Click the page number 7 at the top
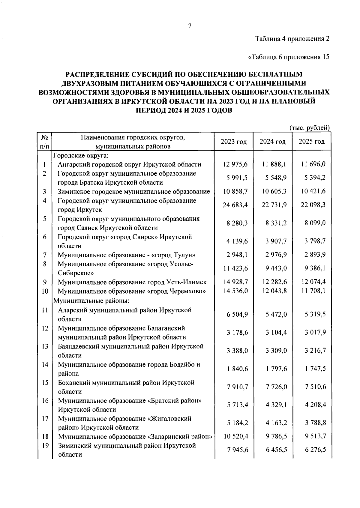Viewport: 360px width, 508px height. pos(190,26)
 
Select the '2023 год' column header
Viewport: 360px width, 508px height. pos(234,142)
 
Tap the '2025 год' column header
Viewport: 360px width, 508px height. pos(312,142)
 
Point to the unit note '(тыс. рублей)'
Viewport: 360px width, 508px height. pos(310,128)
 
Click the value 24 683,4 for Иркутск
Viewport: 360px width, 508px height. pos(235,205)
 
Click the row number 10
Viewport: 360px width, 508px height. pos(45,291)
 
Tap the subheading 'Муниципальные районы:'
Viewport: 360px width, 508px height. pos(91,300)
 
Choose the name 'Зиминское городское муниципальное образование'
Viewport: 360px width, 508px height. pos(134,191)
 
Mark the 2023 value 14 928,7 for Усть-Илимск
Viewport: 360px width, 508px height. pos(235,282)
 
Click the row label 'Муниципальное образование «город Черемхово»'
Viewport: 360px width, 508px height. pos(132,291)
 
